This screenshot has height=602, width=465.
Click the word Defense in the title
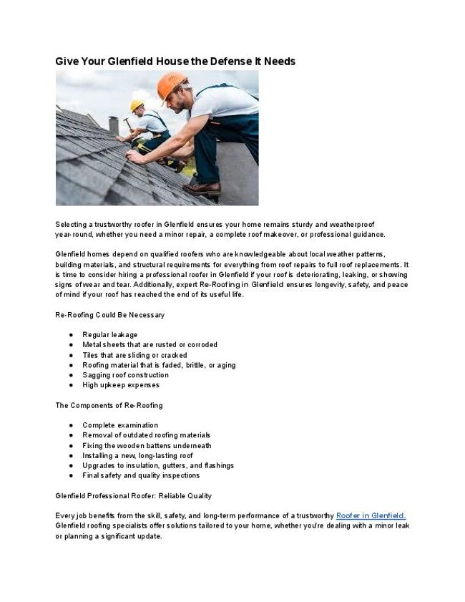pos(216,62)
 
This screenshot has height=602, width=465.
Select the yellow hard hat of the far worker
pos(137,105)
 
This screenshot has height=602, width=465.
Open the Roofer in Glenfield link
pos(371,515)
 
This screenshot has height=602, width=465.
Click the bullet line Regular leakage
pos(109,334)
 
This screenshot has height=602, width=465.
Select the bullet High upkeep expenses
pos(116,384)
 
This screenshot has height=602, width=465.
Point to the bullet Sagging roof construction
pos(125,374)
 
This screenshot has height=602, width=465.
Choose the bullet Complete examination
pos(120,425)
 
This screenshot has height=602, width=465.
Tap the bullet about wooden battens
pos(147,445)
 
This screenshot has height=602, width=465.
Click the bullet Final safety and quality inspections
pos(141,475)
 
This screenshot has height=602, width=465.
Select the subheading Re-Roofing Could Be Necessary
pos(109,314)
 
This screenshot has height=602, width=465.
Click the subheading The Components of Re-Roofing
pos(109,405)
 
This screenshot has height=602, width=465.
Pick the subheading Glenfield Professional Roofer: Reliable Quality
pos(133,495)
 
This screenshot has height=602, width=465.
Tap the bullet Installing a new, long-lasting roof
pos(137,455)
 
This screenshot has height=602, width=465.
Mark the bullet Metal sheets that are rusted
pos(150,344)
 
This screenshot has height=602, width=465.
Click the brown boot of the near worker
pos(202,188)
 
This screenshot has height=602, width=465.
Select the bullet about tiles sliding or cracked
pos(134,354)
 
